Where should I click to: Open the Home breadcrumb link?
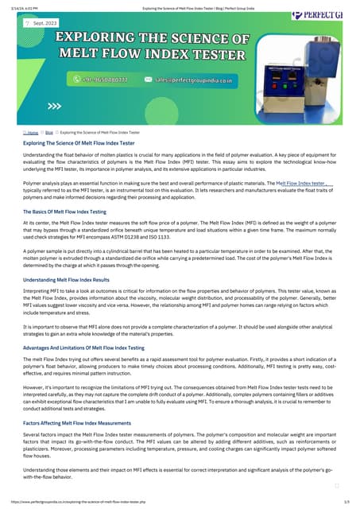[x=32, y=132]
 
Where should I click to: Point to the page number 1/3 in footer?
[x=346, y=503]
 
